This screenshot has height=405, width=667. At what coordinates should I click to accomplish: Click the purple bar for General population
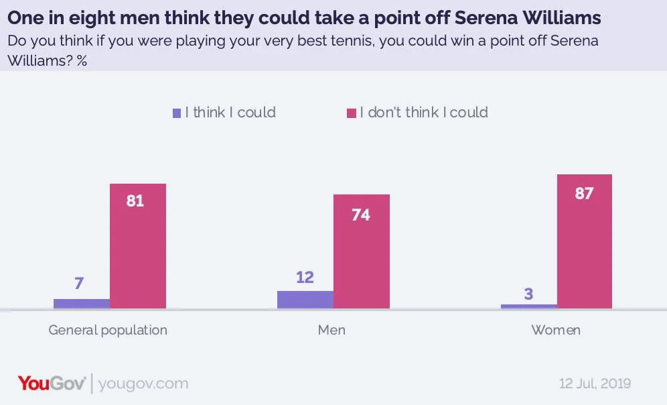point(82,304)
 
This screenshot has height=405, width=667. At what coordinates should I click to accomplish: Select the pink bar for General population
point(138,246)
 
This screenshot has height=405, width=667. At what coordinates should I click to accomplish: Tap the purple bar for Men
point(305,300)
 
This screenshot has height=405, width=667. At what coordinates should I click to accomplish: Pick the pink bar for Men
point(362,251)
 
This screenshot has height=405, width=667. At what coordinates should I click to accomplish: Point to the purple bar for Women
point(528,306)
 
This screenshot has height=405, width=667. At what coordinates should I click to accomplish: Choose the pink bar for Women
point(585,241)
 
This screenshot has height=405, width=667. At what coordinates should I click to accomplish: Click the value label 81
point(135,200)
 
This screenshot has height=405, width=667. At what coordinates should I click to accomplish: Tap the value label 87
point(584,194)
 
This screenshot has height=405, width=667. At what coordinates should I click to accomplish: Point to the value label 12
point(305,277)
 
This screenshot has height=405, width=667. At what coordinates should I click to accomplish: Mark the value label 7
point(79,284)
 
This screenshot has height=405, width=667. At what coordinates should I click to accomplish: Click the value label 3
point(528,293)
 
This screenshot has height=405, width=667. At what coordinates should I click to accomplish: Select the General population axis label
point(108,330)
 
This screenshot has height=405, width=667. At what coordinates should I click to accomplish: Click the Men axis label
point(332,330)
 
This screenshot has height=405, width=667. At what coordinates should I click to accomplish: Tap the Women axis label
point(556,330)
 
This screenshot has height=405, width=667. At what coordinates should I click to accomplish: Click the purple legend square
point(177,113)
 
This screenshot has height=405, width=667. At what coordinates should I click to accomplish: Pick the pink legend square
point(350,113)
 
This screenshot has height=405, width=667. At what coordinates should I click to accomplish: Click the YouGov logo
point(52,384)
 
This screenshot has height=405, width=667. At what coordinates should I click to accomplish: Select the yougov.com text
point(143,384)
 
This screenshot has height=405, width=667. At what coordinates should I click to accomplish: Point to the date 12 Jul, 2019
point(595,384)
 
